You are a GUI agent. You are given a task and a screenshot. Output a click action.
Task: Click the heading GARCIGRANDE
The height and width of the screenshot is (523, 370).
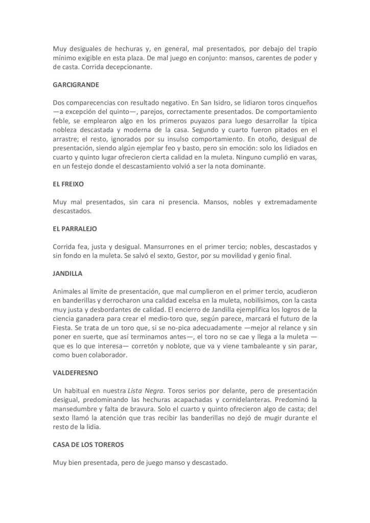pos(76,84)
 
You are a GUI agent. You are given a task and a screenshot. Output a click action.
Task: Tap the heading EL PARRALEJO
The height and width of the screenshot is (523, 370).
pos(75,228)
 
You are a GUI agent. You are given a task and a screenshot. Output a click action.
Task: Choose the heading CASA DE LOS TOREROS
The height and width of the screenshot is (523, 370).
pos(88,444)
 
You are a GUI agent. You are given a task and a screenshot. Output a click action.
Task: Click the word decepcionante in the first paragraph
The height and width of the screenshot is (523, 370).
pos(129,67)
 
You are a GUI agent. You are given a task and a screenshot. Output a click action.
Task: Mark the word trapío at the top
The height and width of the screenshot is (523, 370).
pos(305,49)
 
